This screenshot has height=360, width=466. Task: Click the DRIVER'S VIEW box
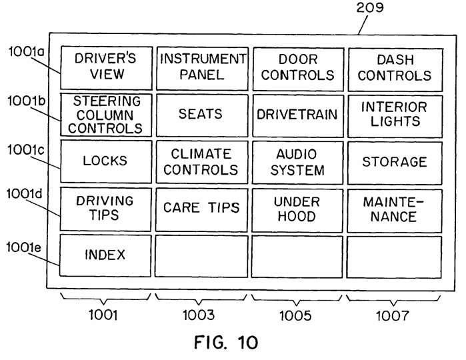tap(107, 68)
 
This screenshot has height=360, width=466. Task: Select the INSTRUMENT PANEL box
tap(203, 69)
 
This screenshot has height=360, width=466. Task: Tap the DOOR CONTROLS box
tap(299, 69)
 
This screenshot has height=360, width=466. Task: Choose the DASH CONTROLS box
tap(395, 70)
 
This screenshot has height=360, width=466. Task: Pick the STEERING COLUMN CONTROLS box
tap(106, 115)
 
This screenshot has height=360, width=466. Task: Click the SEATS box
tap(202, 115)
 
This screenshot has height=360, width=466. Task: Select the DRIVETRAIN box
tap(298, 116)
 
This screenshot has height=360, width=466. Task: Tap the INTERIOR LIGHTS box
tap(395, 116)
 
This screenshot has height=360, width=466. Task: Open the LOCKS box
tap(106, 161)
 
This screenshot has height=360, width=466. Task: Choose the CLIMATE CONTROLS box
tap(202, 162)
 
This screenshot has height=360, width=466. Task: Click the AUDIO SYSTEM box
tap(298, 163)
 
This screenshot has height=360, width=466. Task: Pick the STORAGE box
tap(395, 163)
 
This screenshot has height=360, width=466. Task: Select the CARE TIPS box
tap(201, 209)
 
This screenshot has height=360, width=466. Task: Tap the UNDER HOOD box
tap(297, 210)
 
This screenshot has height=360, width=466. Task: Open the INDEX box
tap(105, 255)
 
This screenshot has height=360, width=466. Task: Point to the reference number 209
tap(370, 7)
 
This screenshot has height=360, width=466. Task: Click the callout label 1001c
tap(26, 149)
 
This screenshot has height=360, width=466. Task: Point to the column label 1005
tap(296, 316)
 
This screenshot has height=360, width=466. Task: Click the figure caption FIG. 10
tap(226, 342)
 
